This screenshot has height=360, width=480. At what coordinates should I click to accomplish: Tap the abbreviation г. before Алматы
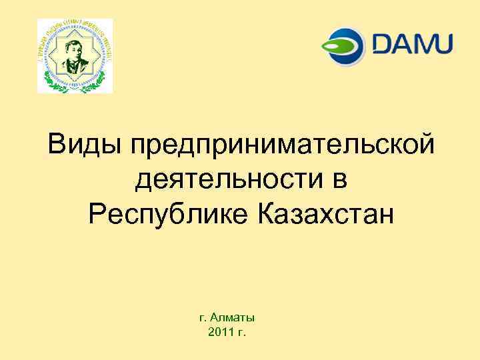[203, 319]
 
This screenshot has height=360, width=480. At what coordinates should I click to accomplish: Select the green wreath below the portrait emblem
[75, 85]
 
